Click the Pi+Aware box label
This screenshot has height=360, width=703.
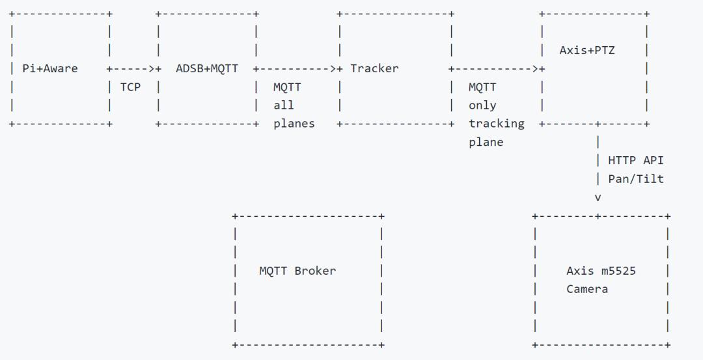(x=49, y=68)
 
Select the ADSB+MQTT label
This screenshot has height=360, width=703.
(x=207, y=68)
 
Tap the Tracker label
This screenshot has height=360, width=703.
(x=374, y=68)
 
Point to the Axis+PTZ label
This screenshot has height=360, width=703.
(x=587, y=50)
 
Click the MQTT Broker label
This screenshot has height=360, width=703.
(x=297, y=271)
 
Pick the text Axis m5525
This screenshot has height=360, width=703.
(x=601, y=271)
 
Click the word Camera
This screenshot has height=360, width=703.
(x=587, y=289)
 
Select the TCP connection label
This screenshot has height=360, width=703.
(x=130, y=87)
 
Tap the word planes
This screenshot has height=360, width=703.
(x=294, y=124)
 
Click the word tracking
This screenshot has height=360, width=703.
(x=496, y=124)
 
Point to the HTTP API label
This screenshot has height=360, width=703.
(x=635, y=161)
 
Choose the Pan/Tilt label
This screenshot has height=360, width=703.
(x=635, y=179)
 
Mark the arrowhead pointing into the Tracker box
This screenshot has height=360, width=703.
(x=333, y=68)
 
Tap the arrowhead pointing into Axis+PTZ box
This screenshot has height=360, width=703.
(x=535, y=68)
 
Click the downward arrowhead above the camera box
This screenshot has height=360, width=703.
(x=598, y=198)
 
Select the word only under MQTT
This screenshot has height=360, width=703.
(x=482, y=105)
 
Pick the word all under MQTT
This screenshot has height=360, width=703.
(x=284, y=105)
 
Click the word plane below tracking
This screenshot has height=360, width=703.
(x=486, y=143)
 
